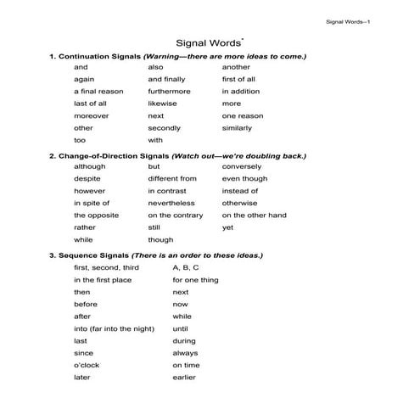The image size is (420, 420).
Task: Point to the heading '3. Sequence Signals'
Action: pyautogui.click(x=88, y=255)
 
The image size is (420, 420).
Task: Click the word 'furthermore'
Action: pyautogui.click(x=170, y=91)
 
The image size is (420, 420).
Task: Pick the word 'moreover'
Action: pyautogui.click(x=92, y=115)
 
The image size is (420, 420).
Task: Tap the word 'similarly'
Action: pyautogui.click(x=238, y=127)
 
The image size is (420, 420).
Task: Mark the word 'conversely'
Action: pyautogui.click(x=242, y=167)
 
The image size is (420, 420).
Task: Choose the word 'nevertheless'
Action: pyautogui.click(x=171, y=204)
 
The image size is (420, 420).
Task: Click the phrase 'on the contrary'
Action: pyautogui.click(x=176, y=216)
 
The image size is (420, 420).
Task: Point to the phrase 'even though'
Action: pyautogui.click(x=244, y=179)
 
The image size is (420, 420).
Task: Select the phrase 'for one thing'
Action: pyautogui.click(x=195, y=279)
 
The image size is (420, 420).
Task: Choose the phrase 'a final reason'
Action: pyautogui.click(x=98, y=91)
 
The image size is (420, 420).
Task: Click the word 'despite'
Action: pyautogui.click(x=87, y=179)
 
